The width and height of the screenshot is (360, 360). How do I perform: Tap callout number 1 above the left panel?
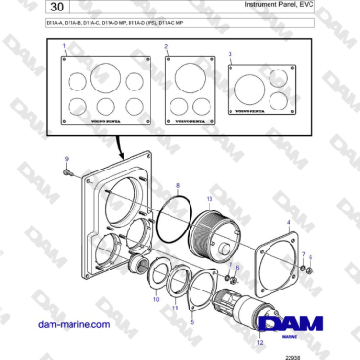[x=65, y=46]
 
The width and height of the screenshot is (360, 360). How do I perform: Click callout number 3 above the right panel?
[x=230, y=55]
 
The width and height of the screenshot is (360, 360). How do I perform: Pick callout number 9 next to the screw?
[x=66, y=159]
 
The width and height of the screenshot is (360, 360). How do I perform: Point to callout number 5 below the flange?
[x=194, y=322]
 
